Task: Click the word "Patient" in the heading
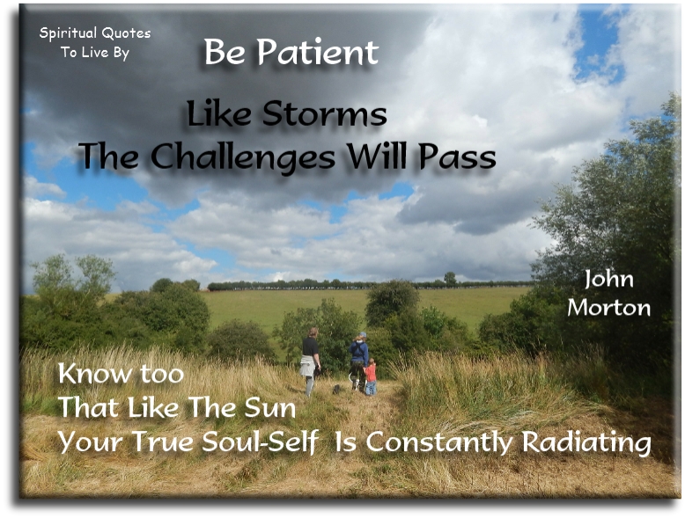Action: coord(320,53)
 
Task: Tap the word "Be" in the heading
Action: coord(225,53)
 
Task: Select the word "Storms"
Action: coord(335,114)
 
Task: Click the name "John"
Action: coord(608,281)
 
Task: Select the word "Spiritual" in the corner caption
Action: coord(70,33)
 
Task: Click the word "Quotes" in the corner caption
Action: coord(125,33)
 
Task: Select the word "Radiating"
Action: coord(586,441)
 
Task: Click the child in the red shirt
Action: coord(371,376)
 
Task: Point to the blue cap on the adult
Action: coord(361,336)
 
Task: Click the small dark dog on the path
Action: coord(335,388)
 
